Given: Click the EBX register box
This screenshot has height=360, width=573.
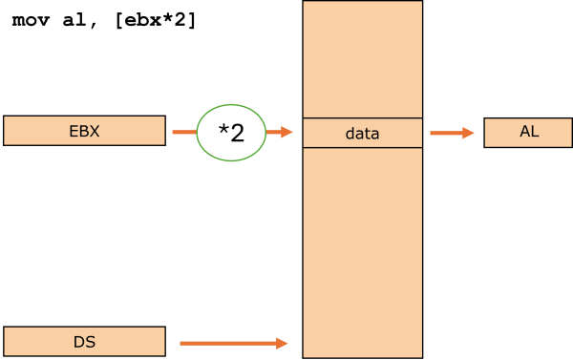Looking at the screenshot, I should pyautogui.click(x=84, y=131).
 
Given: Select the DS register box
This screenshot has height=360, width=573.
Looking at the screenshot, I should pyautogui.click(x=84, y=341).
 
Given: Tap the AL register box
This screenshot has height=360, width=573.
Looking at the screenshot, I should pyautogui.click(x=528, y=133).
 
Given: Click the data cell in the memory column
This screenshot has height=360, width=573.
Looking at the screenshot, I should pyautogui.click(x=362, y=133).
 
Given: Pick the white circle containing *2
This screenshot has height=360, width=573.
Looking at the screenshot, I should pyautogui.click(x=230, y=132).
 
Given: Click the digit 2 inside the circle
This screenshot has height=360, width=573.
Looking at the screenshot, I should pyautogui.click(x=237, y=133).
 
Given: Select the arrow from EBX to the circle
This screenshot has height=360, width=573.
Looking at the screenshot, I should pyautogui.click(x=183, y=132).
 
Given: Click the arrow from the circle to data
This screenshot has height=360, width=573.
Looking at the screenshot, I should pyautogui.click(x=279, y=132).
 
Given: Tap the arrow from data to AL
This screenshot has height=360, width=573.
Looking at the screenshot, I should pyautogui.click(x=451, y=133).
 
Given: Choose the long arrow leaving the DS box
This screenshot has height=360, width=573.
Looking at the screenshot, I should pyautogui.click(x=229, y=342).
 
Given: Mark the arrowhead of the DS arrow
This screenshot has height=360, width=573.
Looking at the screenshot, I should pyautogui.click(x=283, y=342).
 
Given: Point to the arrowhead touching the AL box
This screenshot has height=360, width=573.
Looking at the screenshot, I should pyautogui.click(x=469, y=133).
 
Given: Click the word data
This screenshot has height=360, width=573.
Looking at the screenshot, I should pyautogui.click(x=362, y=134).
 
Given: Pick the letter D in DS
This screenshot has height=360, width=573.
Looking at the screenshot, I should pyautogui.click(x=79, y=341).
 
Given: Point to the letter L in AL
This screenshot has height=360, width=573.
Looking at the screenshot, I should pyautogui.click(x=534, y=133).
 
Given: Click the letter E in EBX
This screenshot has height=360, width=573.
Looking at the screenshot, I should pyautogui.click(x=74, y=131).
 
